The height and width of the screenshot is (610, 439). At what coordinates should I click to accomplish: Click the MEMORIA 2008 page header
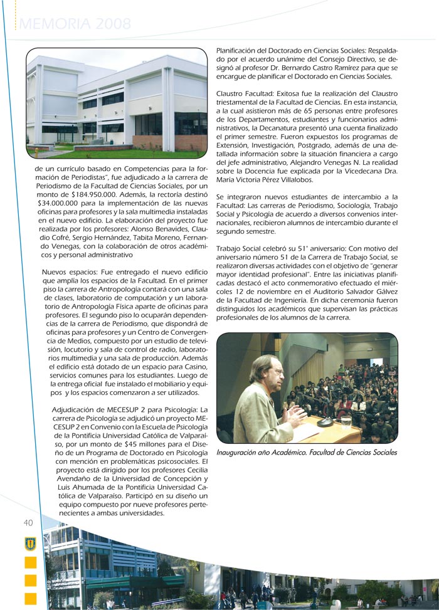[x=75, y=25]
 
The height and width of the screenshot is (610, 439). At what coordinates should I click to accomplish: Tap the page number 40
[x=28, y=523]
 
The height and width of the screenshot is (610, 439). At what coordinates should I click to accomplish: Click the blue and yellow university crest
[x=30, y=544]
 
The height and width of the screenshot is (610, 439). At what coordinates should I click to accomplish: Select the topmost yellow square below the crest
[x=30, y=562]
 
